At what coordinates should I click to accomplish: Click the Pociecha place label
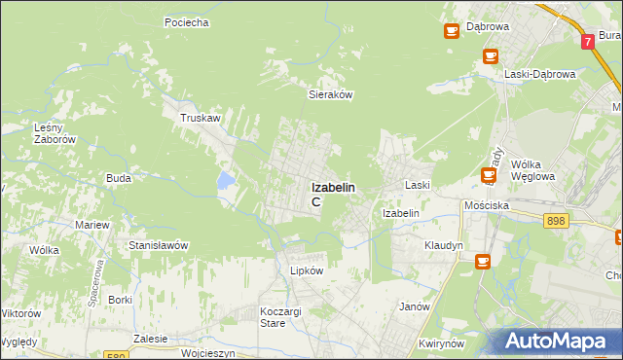(x=187, y=22)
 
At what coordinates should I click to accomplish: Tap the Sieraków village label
(x=329, y=95)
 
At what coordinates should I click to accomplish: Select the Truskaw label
(x=200, y=118)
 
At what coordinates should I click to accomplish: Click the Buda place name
(x=119, y=179)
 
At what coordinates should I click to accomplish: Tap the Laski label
(x=419, y=184)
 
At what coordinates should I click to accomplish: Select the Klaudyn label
(x=443, y=245)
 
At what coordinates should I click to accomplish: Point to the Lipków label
(x=306, y=271)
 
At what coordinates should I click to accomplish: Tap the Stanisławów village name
(x=158, y=245)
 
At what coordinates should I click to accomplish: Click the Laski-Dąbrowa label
(x=540, y=74)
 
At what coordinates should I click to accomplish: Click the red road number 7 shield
(x=588, y=43)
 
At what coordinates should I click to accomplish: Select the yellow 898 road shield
(x=556, y=223)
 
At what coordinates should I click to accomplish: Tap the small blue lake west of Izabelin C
(x=226, y=180)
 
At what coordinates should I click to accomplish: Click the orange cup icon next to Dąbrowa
(x=452, y=31)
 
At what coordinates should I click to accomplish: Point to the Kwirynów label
(x=438, y=343)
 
